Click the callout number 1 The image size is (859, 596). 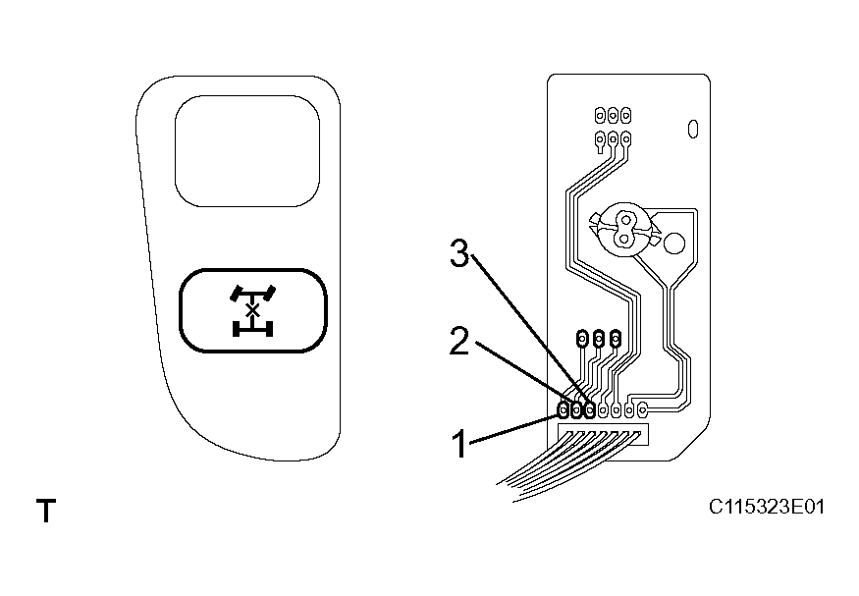(x=458, y=444)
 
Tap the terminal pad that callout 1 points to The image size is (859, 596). (x=564, y=410)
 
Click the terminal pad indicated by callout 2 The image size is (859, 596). (x=576, y=410)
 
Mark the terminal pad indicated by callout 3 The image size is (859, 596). (x=589, y=410)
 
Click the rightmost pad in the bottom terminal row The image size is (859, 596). (x=642, y=409)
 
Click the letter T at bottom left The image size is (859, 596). (x=45, y=511)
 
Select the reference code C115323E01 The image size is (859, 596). (x=767, y=508)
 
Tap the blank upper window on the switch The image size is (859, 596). (x=247, y=150)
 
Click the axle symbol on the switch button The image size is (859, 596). (x=251, y=310)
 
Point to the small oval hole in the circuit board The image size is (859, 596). (x=691, y=128)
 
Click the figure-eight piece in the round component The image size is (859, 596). (x=621, y=227)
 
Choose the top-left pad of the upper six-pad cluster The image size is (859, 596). (x=600, y=115)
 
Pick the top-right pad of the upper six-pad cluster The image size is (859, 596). (x=625, y=115)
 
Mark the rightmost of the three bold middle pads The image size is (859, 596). (x=616, y=339)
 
